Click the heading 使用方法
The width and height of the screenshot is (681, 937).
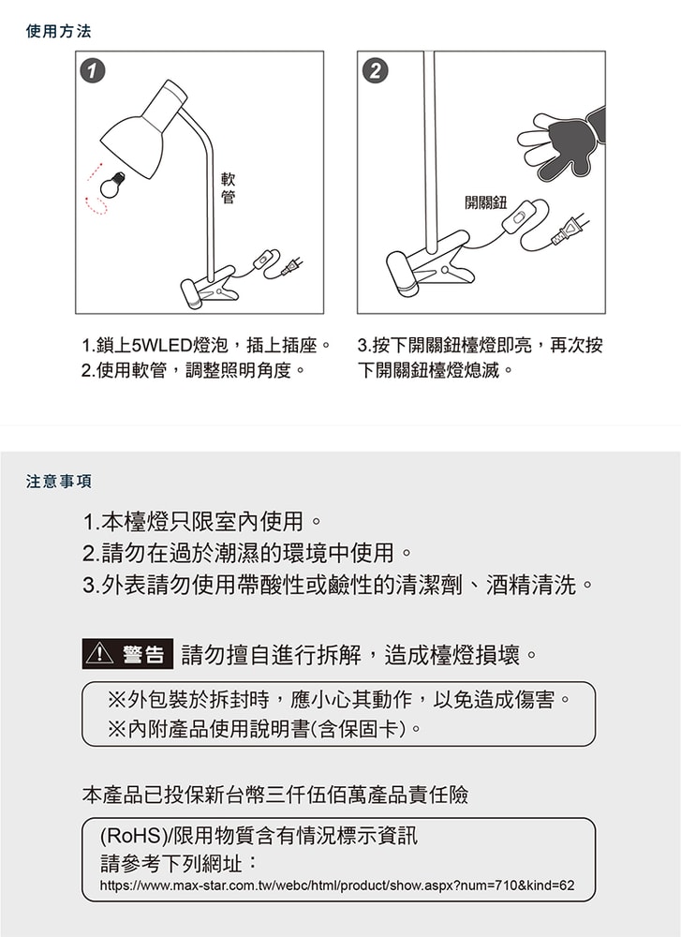coord(59,32)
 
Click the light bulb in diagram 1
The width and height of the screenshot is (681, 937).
coord(113,182)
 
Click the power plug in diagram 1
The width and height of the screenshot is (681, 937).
coord(291,268)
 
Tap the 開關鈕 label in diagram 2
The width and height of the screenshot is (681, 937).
coord(485,203)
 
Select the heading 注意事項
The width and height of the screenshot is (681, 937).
coord(59,482)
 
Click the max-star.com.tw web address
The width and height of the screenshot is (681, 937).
coord(336,885)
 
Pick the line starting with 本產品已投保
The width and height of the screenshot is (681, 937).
coord(274,796)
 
